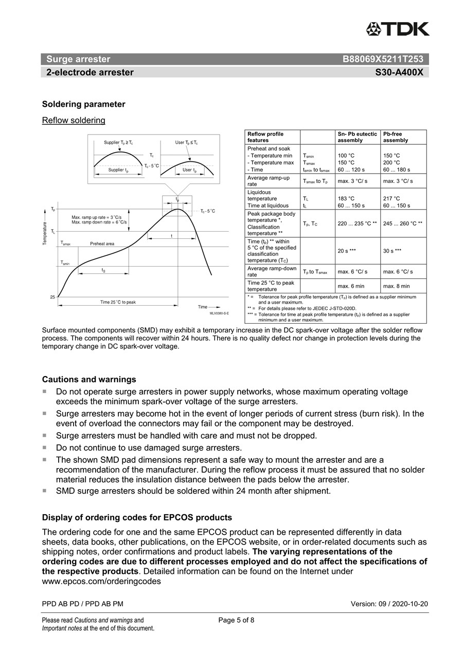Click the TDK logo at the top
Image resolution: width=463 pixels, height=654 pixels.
click(x=398, y=29)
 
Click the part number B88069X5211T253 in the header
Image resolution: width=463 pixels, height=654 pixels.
click(x=383, y=59)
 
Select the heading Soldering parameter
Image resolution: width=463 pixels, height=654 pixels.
click(x=83, y=104)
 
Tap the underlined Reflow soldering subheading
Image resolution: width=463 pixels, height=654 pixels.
click(x=74, y=121)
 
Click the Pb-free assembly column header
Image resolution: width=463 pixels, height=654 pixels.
click(x=396, y=137)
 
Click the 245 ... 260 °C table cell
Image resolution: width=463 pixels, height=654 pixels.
click(x=403, y=223)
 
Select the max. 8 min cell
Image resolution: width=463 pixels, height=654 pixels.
click(x=397, y=286)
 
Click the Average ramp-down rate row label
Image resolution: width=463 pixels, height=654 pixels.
click(x=272, y=272)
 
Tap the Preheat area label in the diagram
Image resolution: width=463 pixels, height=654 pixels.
click(x=102, y=244)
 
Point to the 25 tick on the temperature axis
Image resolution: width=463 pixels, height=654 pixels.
click(x=52, y=297)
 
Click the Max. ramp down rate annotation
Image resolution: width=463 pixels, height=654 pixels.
click(x=100, y=222)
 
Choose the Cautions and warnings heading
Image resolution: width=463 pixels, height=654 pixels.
click(x=89, y=380)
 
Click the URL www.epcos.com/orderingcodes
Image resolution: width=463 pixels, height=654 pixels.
click(x=101, y=582)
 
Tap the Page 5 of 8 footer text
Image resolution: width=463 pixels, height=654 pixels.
click(x=236, y=620)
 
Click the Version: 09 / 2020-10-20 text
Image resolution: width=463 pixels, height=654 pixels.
click(x=389, y=604)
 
